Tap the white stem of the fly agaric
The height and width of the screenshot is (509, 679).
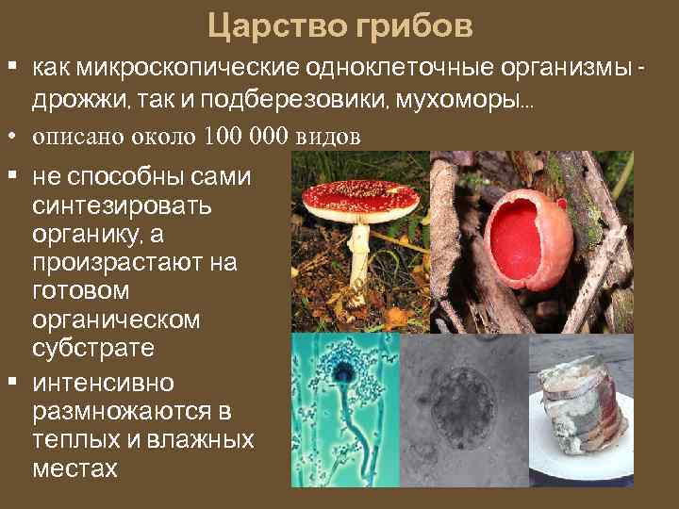pos(359,254)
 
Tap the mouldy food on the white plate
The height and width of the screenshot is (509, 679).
pos(582,402)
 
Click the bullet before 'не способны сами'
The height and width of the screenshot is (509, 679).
pos(14,174)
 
